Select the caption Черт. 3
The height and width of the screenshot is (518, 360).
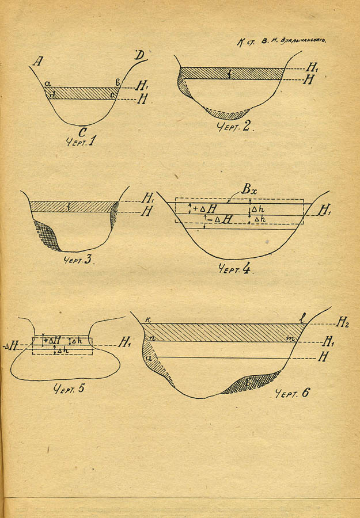pos(78,258)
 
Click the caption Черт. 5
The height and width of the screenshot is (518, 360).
pos(69,388)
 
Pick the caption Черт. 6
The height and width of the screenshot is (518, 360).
pos(292,394)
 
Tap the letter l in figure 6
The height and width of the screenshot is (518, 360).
pos(301,318)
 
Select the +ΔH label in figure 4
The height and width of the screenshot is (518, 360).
pos(206,209)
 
